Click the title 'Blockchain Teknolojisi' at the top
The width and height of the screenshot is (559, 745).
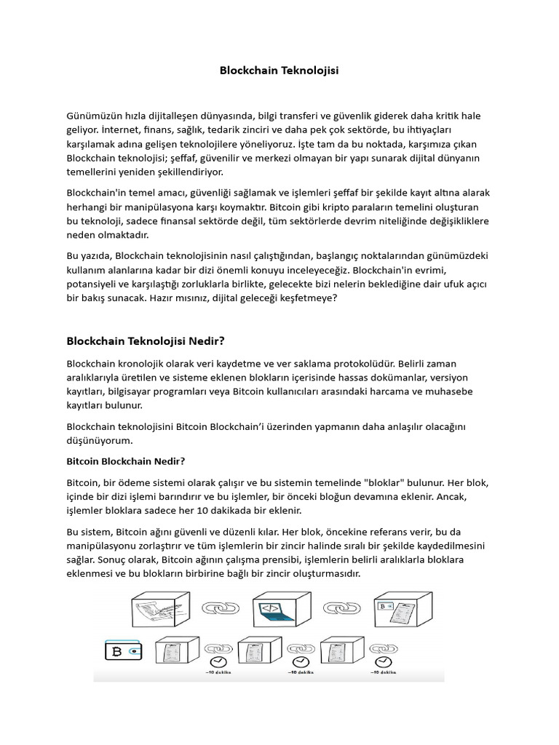coord(279,71)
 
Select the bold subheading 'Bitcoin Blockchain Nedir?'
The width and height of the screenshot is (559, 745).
coord(126,461)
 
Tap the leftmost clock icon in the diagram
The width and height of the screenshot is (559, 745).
coord(217,661)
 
